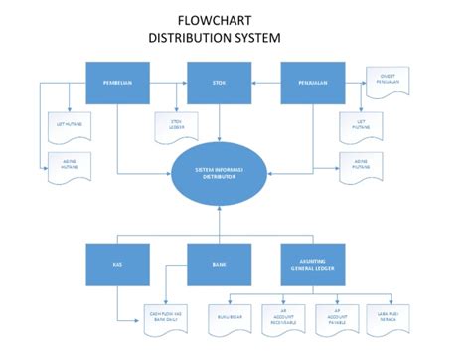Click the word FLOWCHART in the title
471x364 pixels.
pyautogui.click(x=214, y=20)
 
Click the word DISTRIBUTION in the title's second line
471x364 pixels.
pyautogui.click(x=191, y=39)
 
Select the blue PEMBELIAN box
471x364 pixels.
pyautogui.click(x=118, y=83)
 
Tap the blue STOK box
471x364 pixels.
pyautogui.click(x=220, y=83)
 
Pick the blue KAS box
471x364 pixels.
pyautogui.click(x=118, y=266)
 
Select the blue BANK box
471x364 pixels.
pyautogui.click(x=220, y=266)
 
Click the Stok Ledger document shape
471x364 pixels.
pyautogui.click(x=176, y=126)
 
